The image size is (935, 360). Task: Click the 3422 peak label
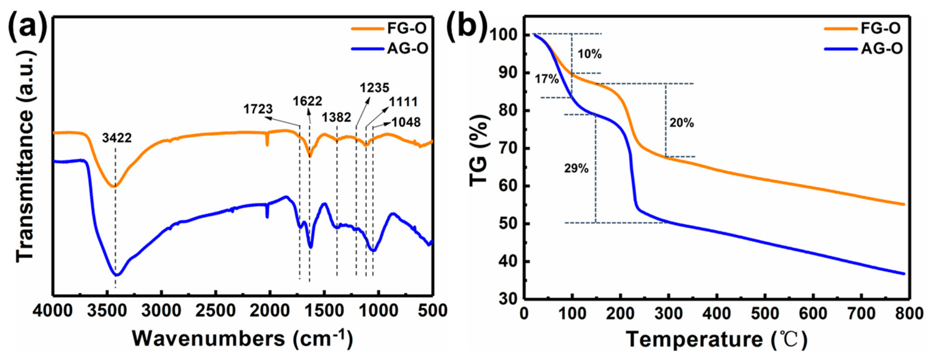[116, 138]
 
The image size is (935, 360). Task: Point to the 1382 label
[336, 117]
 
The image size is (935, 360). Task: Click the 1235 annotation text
[374, 88]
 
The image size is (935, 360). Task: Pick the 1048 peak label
[406, 122]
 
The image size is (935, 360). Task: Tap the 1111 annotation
[403, 102]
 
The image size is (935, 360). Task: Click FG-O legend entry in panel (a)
[407, 28]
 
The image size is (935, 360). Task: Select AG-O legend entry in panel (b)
[881, 48]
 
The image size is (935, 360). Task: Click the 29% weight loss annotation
[576, 168]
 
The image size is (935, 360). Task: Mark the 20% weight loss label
[682, 123]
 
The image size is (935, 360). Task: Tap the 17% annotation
[546, 78]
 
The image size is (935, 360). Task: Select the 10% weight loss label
[589, 54]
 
